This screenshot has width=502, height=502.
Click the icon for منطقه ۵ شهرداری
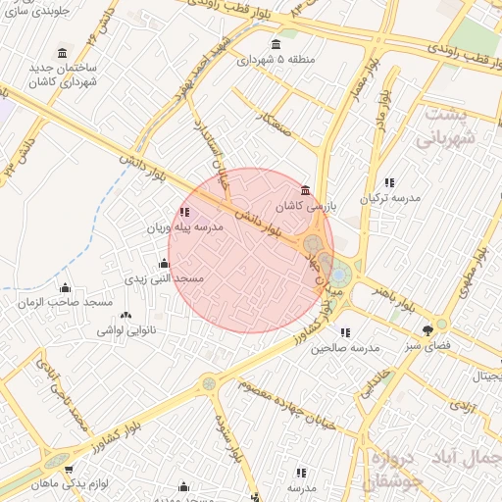(x=275, y=44)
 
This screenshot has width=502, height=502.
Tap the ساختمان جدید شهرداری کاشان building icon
(x=64, y=52)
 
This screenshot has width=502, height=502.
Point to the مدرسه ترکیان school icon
(x=389, y=182)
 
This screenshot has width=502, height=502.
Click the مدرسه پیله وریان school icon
(x=184, y=212)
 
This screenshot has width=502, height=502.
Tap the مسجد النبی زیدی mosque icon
(x=163, y=263)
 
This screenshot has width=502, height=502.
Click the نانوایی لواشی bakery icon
(x=125, y=315)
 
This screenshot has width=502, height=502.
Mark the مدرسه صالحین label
(x=345, y=348)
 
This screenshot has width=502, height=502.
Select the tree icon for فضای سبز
(x=427, y=330)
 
